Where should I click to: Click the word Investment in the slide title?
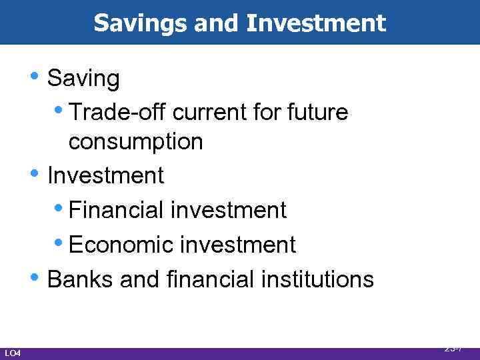pyautogui.click(x=315, y=24)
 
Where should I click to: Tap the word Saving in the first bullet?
pyautogui.click(x=84, y=79)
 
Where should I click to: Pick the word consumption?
pyautogui.click(x=135, y=141)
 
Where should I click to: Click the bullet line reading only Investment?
pyautogui.click(x=105, y=175)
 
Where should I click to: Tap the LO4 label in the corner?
pyautogui.click(x=13, y=352)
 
